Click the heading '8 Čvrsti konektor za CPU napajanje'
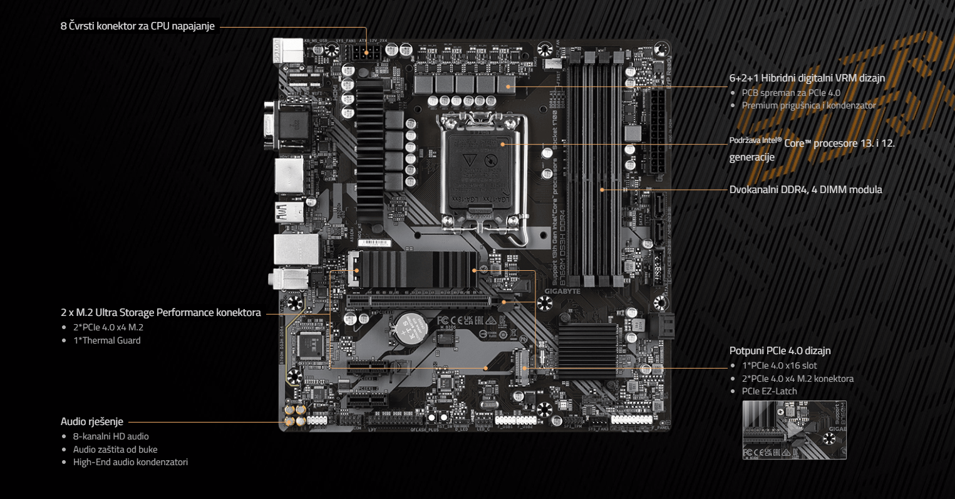tap(137, 26)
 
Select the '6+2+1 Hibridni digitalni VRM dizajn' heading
tap(807, 78)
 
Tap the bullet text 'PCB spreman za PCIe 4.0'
tap(791, 93)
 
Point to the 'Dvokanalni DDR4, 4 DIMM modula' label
tap(805, 189)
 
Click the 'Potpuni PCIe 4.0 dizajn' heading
tap(780, 350)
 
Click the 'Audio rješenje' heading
tap(91, 421)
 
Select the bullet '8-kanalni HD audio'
tap(111, 436)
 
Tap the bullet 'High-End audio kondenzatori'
tap(130, 462)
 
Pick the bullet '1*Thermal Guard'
tap(106, 340)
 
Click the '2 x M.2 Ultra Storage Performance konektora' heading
tap(160, 312)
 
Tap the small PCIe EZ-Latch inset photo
tap(794, 430)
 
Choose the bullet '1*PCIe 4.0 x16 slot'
tap(779, 365)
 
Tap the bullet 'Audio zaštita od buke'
tap(115, 449)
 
